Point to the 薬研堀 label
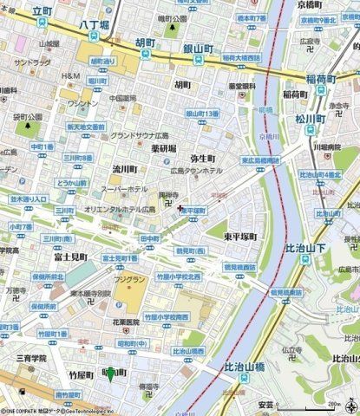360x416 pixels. (x=162, y=148)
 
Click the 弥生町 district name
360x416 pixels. (x=202, y=160)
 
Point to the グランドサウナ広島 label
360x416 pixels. (x=142, y=136)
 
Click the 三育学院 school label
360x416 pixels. (x=30, y=356)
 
